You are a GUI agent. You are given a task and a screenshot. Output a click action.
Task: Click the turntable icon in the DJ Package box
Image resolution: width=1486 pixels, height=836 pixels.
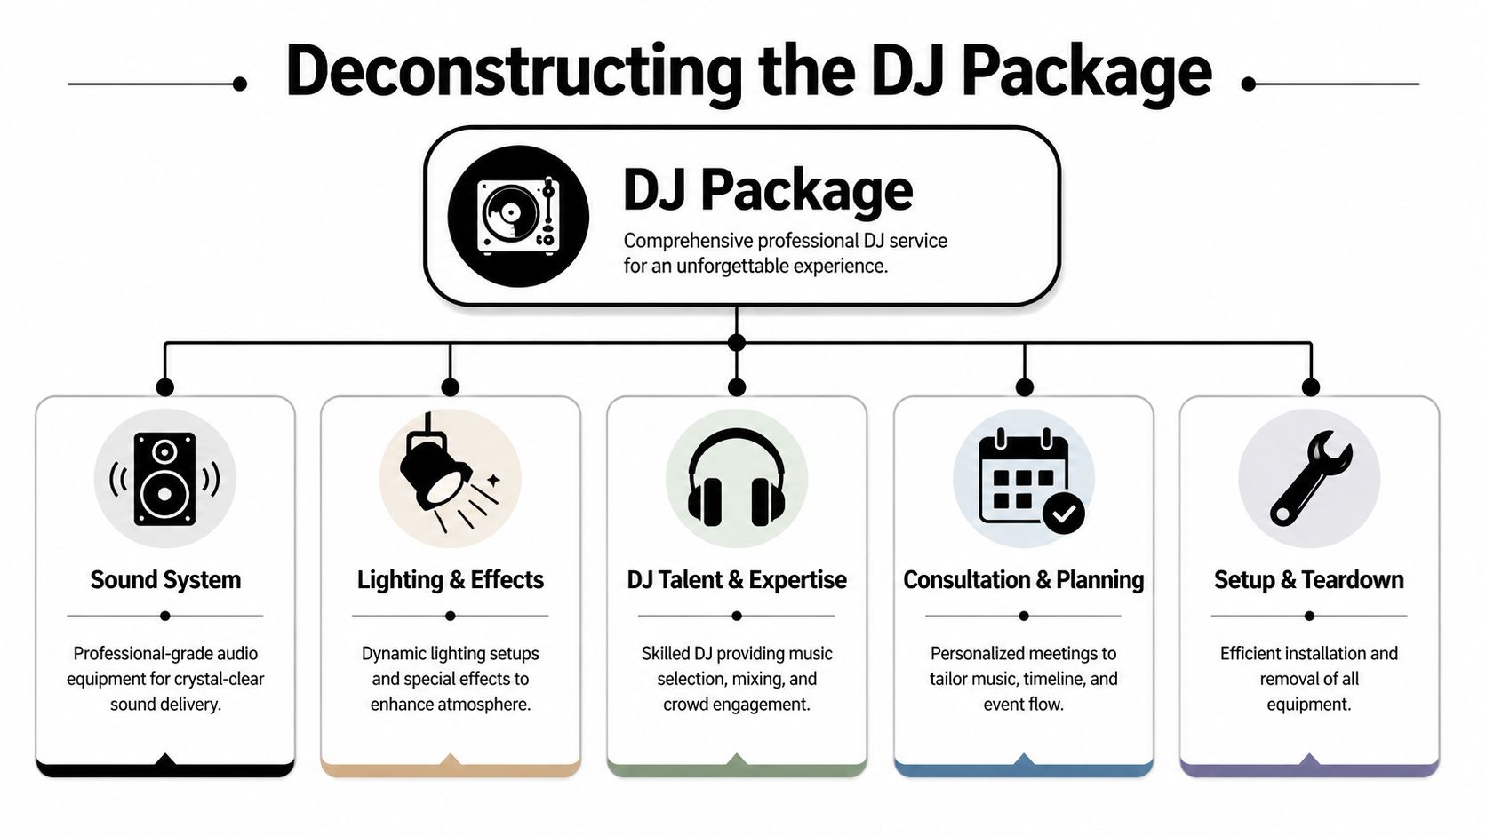click(518, 216)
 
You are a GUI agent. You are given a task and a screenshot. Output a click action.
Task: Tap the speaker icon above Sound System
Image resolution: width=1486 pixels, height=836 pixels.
click(164, 479)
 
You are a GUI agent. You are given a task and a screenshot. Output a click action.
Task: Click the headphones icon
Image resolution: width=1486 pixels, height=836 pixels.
click(736, 477)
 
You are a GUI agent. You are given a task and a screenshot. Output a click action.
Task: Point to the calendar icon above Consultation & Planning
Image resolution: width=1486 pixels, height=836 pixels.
click(1022, 478)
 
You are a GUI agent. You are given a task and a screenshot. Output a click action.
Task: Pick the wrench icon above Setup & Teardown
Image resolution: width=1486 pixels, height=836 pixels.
click(1309, 478)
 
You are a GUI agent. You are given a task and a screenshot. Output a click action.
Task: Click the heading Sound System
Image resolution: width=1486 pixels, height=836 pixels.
click(165, 580)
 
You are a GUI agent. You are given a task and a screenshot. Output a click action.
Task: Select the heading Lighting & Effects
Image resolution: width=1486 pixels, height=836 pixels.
click(450, 580)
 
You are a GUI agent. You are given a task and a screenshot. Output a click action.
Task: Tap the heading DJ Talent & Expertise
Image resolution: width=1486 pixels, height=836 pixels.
click(736, 580)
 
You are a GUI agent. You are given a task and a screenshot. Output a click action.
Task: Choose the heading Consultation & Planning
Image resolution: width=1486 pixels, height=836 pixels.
click(1023, 580)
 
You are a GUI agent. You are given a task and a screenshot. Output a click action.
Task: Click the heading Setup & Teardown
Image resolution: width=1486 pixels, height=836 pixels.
click(1308, 580)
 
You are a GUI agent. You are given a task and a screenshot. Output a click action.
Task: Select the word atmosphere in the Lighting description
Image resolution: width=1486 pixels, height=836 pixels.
click(486, 705)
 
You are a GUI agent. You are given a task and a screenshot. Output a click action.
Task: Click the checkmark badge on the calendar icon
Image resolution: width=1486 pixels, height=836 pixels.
click(1063, 513)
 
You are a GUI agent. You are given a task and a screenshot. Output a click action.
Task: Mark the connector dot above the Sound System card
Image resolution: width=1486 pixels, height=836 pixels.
click(164, 387)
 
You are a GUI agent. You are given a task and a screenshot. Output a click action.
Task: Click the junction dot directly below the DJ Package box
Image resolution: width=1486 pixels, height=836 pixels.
click(736, 343)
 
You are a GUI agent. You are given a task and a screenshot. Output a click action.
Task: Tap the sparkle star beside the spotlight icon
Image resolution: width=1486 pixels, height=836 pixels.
click(493, 480)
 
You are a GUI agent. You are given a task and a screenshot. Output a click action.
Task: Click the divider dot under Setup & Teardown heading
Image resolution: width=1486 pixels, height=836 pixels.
click(1309, 616)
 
